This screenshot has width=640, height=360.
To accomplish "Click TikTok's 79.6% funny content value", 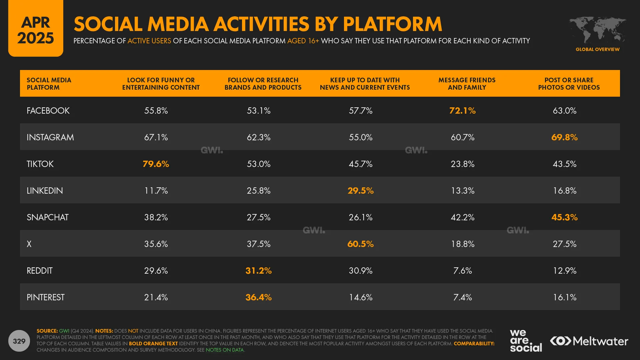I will click(156, 164).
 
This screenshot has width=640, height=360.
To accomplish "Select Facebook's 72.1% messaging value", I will click(462, 110).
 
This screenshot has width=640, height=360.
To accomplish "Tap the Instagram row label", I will click(50, 137).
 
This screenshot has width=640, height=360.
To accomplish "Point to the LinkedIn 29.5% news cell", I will click(360, 190).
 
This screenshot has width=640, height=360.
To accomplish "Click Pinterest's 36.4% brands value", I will click(258, 297).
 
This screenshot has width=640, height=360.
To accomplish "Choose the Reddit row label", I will click(40, 270).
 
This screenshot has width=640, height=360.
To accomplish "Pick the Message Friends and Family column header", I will click(467, 84).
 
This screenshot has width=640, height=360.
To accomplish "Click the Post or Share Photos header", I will click(569, 84).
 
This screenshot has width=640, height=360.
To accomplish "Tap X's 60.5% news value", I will click(360, 244).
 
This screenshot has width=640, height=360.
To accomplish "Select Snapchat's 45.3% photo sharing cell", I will click(564, 217).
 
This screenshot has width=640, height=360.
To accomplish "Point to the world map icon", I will click(597, 30).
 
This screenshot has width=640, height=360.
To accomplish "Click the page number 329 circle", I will click(19, 341).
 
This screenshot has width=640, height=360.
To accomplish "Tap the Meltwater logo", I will click(589, 341).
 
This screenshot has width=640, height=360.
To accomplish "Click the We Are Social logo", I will click(525, 340).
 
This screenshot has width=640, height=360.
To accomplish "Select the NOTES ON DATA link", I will click(225, 350).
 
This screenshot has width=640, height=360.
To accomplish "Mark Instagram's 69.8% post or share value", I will click(564, 137).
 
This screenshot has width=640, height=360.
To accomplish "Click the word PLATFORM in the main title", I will click(392, 24).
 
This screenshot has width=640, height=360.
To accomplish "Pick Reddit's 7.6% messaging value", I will click(462, 270).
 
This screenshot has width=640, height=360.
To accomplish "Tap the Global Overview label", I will click(597, 49).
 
